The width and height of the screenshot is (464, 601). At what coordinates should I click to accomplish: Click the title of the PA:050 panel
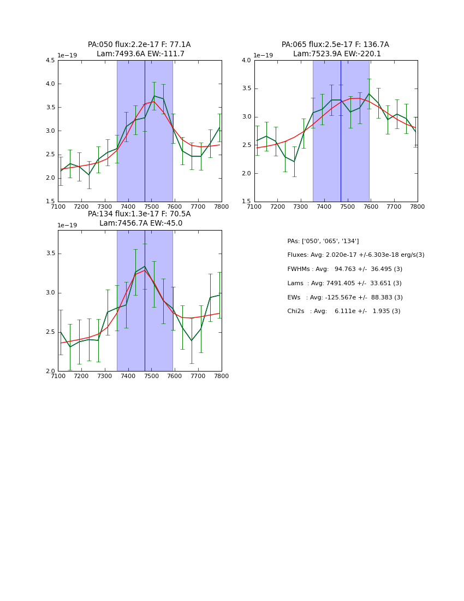(139, 49)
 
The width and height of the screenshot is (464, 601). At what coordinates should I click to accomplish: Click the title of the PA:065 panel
(335, 49)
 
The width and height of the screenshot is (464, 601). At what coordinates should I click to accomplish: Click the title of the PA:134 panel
(139, 219)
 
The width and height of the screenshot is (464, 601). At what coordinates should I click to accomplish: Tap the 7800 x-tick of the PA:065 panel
(417, 207)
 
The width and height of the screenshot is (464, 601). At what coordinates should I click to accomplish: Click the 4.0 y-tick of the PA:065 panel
(246, 61)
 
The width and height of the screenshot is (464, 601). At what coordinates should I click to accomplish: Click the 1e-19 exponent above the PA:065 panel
(264, 56)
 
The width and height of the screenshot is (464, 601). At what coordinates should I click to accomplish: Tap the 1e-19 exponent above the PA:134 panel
(67, 225)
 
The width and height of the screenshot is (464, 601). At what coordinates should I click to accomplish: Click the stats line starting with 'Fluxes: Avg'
(355, 255)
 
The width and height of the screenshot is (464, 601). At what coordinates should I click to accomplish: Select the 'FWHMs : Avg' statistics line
(344, 269)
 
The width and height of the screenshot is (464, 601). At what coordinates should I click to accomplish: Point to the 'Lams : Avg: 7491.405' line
(344, 284)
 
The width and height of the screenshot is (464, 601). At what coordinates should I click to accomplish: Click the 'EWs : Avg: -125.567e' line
(344, 298)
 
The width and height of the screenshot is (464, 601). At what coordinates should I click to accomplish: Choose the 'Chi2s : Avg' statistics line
(343, 311)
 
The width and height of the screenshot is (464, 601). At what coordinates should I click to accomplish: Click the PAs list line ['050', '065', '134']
(323, 241)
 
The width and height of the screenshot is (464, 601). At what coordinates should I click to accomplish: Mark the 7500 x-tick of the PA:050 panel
(151, 207)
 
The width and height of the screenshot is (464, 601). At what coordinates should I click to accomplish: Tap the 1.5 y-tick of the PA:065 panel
(246, 202)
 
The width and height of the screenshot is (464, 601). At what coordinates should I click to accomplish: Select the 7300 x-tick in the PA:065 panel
(301, 207)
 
